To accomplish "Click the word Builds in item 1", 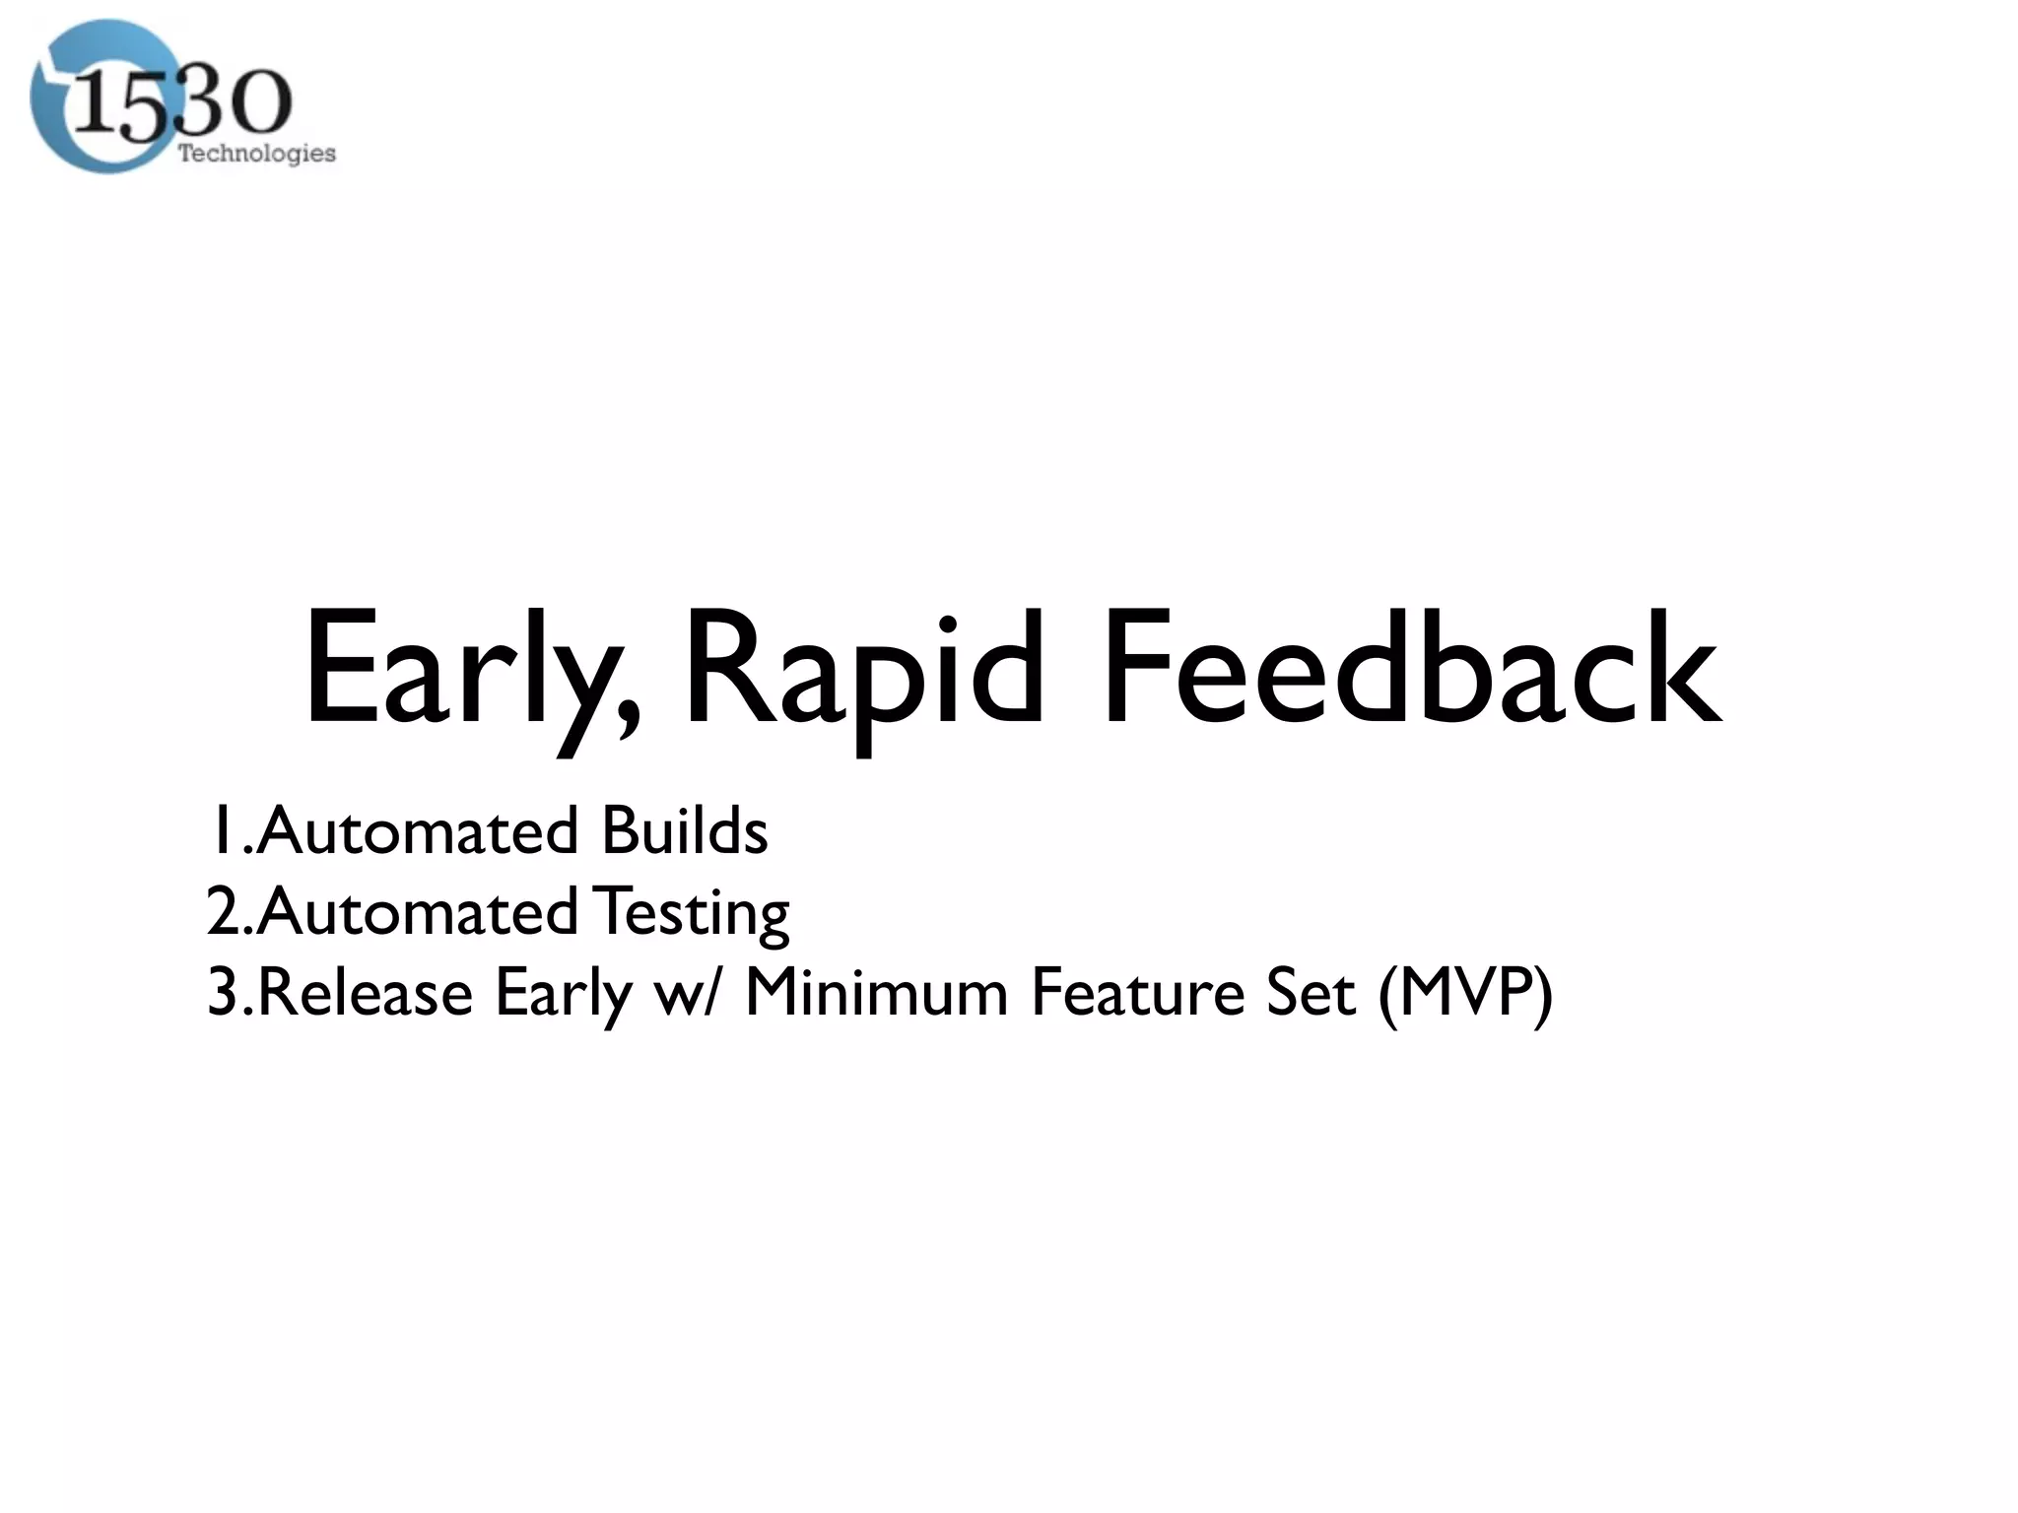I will (684, 830).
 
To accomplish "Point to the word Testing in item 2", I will (694, 912).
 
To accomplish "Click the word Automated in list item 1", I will (418, 830).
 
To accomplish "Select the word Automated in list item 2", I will (418, 912).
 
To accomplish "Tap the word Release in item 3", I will (366, 993).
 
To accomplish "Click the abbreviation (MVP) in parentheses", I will (1465, 993).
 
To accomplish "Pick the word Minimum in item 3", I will (876, 993).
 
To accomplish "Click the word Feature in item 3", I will (1137, 993).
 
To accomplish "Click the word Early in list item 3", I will (563, 993).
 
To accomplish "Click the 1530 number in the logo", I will (182, 103).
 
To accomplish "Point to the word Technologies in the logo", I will (256, 154).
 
